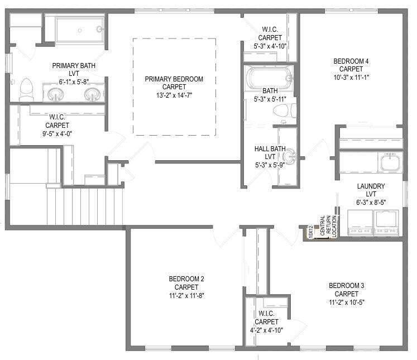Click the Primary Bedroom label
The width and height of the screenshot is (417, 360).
174,79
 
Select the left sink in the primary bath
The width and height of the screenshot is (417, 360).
56,94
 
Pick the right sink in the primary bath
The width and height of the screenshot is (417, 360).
92,94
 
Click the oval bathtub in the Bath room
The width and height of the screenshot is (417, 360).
269,78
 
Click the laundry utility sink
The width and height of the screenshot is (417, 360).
390,162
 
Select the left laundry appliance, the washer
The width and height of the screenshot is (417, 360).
360,223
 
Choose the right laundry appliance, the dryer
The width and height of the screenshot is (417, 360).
386,223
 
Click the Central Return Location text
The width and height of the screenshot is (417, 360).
328,226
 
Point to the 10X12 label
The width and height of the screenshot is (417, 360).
310,231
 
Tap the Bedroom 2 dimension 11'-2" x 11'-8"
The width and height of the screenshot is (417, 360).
186,295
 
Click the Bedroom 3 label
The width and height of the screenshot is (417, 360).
346,286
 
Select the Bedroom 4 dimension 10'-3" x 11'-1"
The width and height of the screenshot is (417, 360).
351,77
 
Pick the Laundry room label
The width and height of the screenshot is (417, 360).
371,186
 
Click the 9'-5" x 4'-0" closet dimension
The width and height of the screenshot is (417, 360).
57,133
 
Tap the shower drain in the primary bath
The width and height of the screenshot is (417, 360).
79,30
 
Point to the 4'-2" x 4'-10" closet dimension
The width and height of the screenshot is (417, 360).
266,330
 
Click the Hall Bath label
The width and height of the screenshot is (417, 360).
270,148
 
